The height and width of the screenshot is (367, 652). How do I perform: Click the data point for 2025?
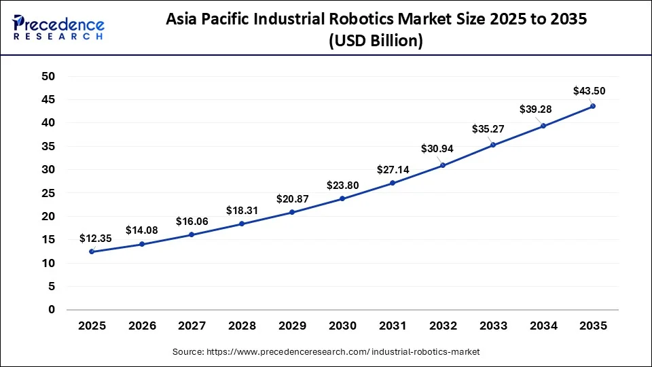(x=92, y=252)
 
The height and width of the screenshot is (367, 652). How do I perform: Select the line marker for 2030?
(x=342, y=198)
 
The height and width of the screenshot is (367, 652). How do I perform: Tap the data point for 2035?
(x=592, y=106)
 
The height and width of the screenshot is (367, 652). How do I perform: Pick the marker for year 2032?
(x=442, y=165)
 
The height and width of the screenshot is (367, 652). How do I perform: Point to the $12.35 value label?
(x=96, y=238)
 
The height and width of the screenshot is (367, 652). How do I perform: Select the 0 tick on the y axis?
(x=50, y=310)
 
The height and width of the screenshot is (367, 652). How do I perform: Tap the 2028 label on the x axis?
(x=242, y=326)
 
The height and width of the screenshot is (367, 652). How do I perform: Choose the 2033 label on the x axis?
(x=492, y=326)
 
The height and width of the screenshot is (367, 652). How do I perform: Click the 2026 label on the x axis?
(x=142, y=326)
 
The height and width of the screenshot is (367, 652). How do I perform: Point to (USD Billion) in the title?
(x=376, y=41)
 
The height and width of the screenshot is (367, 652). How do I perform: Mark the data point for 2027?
(x=192, y=234)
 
